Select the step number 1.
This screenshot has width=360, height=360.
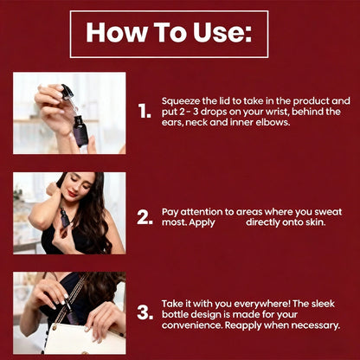pyautogui.click(x=145, y=111)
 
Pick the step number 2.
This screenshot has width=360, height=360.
pyautogui.click(x=145, y=217)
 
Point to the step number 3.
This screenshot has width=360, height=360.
pyautogui.click(x=145, y=312)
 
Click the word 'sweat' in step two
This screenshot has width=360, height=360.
pyautogui.click(x=328, y=212)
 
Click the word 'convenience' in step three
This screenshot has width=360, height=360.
pyautogui.click(x=192, y=325)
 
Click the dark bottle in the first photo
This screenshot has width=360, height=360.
pyautogui.click(x=80, y=131)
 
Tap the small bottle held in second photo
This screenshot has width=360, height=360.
pyautogui.click(x=66, y=217)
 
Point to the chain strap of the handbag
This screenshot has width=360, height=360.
pyautogui.click(x=69, y=301)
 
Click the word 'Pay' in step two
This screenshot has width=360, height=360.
pyautogui.click(x=170, y=212)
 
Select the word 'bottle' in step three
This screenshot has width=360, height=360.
pyautogui.click(x=175, y=314)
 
